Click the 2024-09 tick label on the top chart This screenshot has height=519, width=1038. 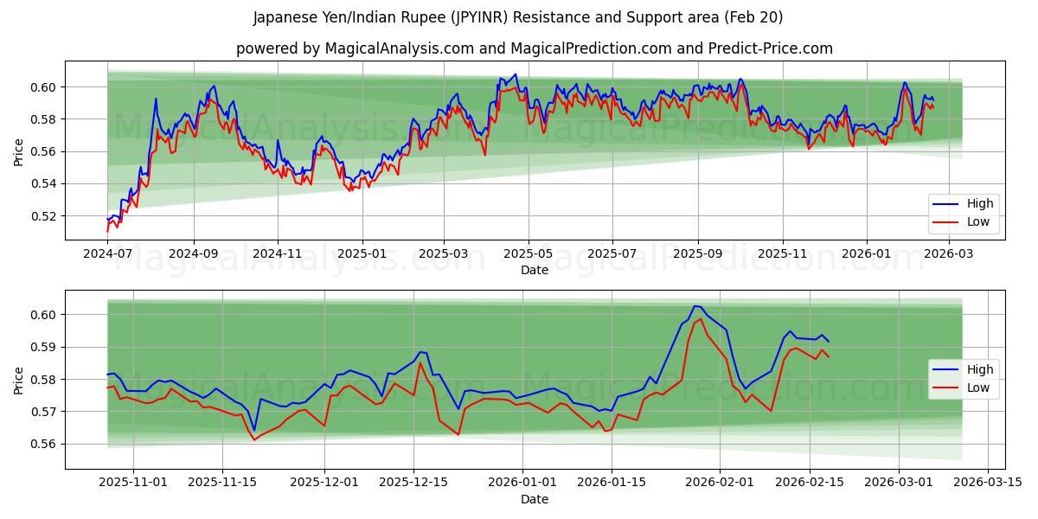tap(193, 254)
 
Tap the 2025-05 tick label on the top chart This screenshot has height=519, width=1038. tap(528, 254)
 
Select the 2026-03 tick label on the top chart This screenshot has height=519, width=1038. tap(950, 254)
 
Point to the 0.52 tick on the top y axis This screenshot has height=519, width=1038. tap(44, 216)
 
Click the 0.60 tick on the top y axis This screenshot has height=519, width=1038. tap(44, 87)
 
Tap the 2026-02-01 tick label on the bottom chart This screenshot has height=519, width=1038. tap(721, 482)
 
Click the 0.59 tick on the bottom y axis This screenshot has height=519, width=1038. tap(44, 347)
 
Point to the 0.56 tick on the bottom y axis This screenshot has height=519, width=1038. tap(44, 444)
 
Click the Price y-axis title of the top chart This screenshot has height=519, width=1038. tap(19, 151)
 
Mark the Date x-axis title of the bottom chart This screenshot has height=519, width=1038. tap(535, 499)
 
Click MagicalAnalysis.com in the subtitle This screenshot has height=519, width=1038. tap(400, 48)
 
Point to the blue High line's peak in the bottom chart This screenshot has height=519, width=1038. tap(695, 306)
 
